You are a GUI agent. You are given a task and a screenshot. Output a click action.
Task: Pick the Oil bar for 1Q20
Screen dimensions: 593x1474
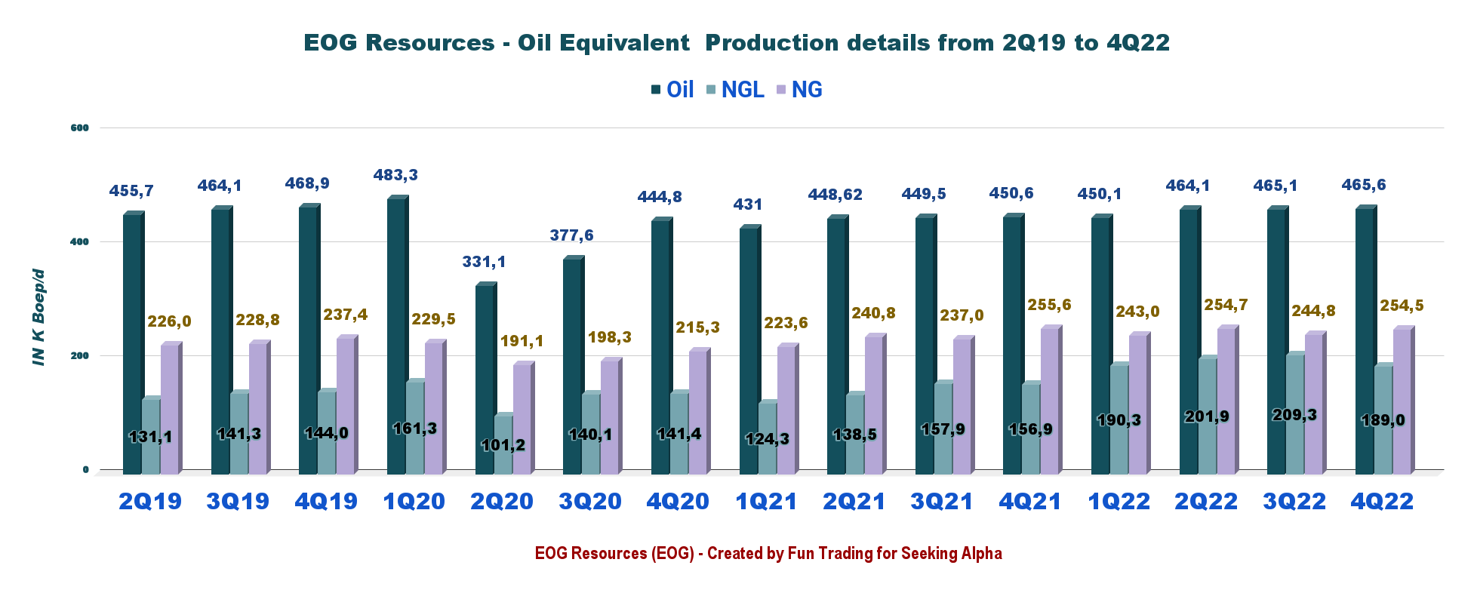[395, 336]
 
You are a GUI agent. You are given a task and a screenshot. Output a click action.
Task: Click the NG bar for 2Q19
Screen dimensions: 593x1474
[169, 407]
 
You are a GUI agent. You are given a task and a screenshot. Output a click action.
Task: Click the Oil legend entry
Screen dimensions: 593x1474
[672, 90]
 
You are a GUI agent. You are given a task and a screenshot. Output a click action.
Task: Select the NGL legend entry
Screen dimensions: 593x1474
[734, 90]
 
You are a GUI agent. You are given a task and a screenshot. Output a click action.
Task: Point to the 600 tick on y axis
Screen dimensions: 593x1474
[79, 128]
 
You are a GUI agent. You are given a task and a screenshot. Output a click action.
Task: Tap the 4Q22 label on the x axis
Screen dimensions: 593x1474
[1382, 502]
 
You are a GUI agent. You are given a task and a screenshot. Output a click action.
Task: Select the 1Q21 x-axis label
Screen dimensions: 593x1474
[766, 502]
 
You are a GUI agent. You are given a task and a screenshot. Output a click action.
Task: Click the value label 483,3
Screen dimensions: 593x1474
[395, 175]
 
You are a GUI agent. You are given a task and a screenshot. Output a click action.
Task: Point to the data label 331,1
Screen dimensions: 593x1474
[484, 262]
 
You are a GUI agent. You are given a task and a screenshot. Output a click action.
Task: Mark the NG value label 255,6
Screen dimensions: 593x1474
[1049, 305]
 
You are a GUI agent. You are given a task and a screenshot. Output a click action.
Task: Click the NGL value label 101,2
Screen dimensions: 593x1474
[503, 445]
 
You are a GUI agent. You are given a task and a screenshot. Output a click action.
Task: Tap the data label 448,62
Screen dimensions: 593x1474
[835, 195]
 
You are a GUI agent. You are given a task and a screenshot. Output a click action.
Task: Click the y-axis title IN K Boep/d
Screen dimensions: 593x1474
[39, 317]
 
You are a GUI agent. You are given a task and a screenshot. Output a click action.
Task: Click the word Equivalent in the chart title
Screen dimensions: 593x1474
[603, 42]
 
